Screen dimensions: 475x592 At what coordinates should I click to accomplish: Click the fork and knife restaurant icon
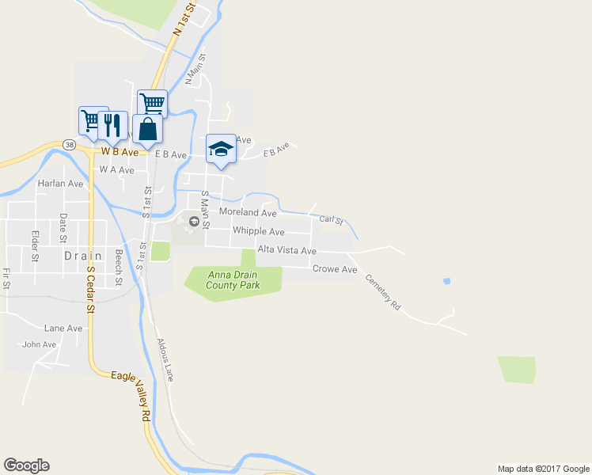click(x=112, y=124)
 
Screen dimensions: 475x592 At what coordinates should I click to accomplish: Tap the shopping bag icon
click(x=147, y=128)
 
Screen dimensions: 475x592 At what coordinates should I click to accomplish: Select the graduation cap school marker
click(x=221, y=149)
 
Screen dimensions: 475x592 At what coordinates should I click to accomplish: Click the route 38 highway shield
click(x=70, y=145)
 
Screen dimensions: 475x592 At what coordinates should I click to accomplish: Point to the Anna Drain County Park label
click(x=233, y=280)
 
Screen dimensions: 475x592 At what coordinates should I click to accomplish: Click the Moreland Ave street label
click(x=248, y=213)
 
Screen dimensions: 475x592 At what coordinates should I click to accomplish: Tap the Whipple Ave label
click(x=258, y=232)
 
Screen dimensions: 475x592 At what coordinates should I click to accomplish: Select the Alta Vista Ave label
click(x=286, y=251)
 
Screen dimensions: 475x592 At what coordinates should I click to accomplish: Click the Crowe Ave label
click(x=335, y=269)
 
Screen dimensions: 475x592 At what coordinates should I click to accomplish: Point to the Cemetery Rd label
click(x=383, y=291)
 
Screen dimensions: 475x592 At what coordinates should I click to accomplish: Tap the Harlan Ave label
click(x=60, y=184)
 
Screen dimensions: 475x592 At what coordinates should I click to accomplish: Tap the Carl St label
click(x=330, y=219)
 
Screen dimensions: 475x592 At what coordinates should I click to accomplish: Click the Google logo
click(x=26, y=465)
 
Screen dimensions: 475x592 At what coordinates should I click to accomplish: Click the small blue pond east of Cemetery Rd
click(x=447, y=281)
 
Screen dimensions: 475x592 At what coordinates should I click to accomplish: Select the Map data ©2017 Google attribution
click(x=542, y=469)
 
